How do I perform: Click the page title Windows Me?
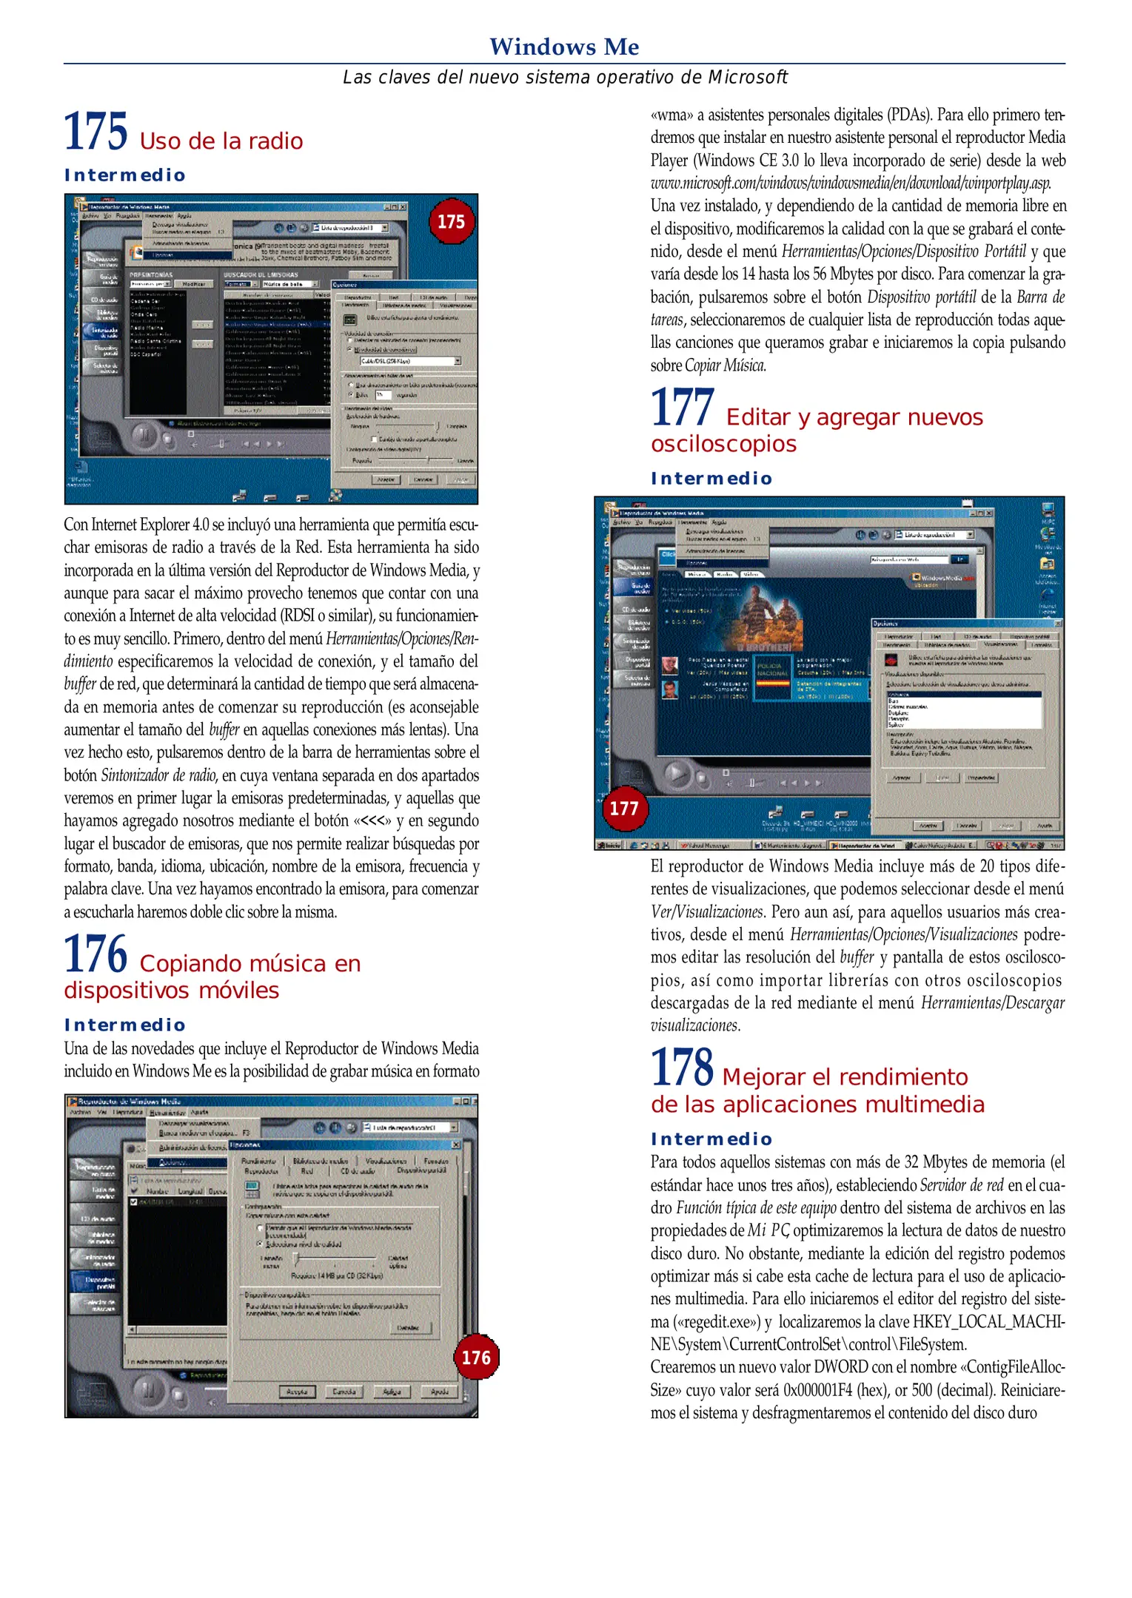pyautogui.click(x=564, y=47)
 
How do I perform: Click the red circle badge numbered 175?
pyautogui.click(x=451, y=222)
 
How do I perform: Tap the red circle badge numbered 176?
pyautogui.click(x=476, y=1358)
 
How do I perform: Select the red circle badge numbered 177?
pyautogui.click(x=623, y=809)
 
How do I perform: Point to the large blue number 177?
pyautogui.click(x=682, y=408)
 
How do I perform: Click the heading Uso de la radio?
pyautogui.click(x=221, y=141)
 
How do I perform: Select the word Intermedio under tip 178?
pyautogui.click(x=711, y=1139)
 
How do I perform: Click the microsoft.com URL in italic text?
pyautogui.click(x=850, y=183)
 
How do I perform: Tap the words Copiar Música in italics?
pyautogui.click(x=726, y=365)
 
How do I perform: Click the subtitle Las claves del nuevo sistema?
pyautogui.click(x=564, y=77)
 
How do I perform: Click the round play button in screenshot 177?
pyautogui.click(x=676, y=774)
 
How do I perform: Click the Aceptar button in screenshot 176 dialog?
pyautogui.click(x=297, y=1392)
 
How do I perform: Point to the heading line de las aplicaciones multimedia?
pyautogui.click(x=817, y=1104)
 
